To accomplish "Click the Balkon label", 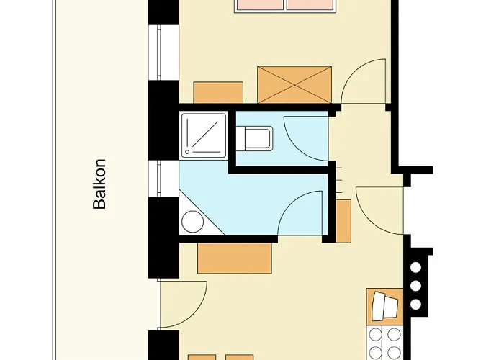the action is pyautogui.click(x=99, y=184).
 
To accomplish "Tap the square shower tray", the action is pyautogui.click(x=204, y=135).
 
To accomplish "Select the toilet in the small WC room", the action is pyautogui.click(x=255, y=138).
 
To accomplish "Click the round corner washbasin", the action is pyautogui.click(x=192, y=222).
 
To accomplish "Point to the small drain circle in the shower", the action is pyautogui.click(x=186, y=152).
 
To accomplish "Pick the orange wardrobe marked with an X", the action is pyautogui.click(x=294, y=85).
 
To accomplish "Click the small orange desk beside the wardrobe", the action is pyautogui.click(x=218, y=93).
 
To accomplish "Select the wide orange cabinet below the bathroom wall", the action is pyautogui.click(x=235, y=258).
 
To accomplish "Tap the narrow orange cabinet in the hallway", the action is pyautogui.click(x=343, y=221).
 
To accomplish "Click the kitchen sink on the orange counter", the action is pyautogui.click(x=384, y=307).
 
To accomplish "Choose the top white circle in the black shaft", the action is pyautogui.click(x=416, y=267).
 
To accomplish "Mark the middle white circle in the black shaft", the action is pyautogui.click(x=416, y=286).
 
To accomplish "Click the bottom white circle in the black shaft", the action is pyautogui.click(x=416, y=304).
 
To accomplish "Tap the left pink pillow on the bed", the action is pyautogui.click(x=260, y=5).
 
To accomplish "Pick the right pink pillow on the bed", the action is pyautogui.click(x=310, y=5).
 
